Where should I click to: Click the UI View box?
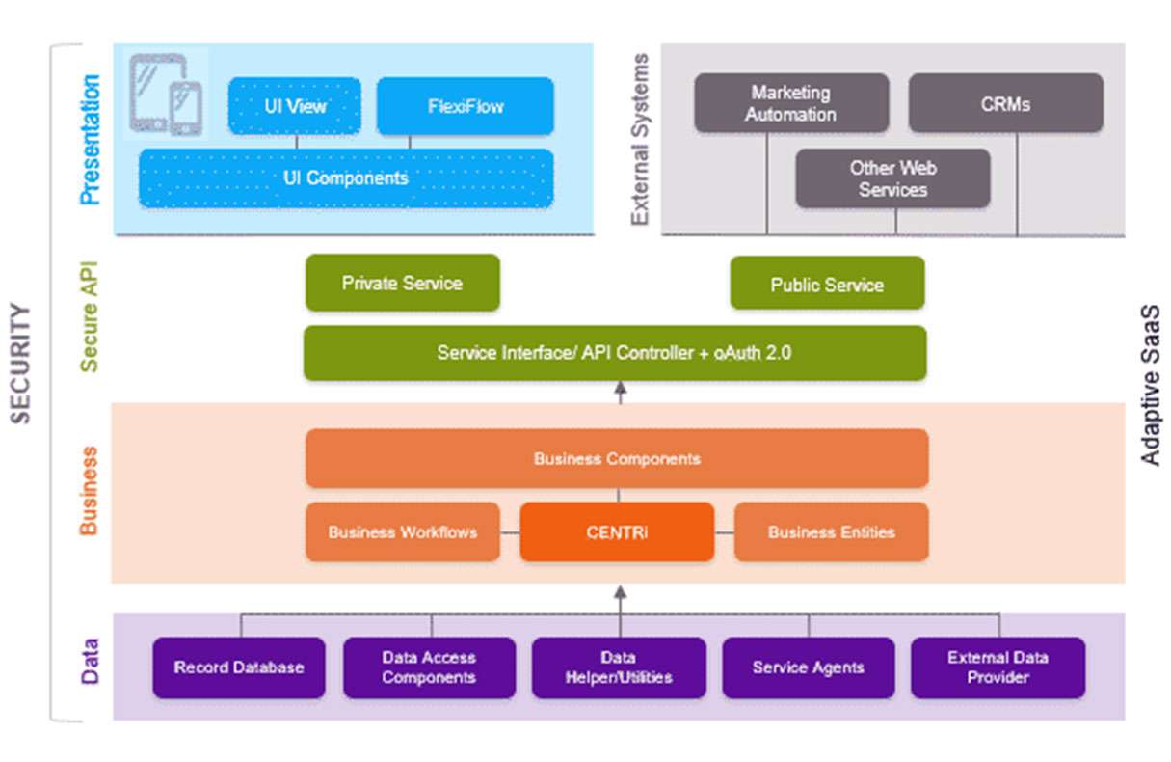point(294,106)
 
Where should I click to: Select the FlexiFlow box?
point(465,106)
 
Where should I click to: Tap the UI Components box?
point(346,178)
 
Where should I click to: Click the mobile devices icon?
point(167,95)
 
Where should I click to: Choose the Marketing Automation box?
point(791,103)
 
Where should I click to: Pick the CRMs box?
point(1005,103)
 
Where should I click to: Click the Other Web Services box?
point(892,178)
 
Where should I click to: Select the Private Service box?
point(402,284)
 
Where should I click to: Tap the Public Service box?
point(827,284)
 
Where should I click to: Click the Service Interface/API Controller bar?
point(615,353)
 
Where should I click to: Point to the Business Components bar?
point(617,459)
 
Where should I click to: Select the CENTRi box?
point(617,531)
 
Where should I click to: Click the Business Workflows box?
point(403,531)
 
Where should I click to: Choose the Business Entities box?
point(831,531)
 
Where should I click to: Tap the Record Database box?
point(239,667)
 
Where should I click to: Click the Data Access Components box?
point(429,667)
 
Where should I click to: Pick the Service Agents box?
point(808,667)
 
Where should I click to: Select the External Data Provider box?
point(998,667)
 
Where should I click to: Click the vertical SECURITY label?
point(21,364)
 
